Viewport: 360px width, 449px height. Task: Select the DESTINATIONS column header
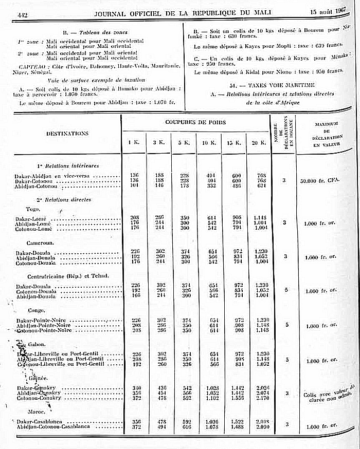(x=67, y=133)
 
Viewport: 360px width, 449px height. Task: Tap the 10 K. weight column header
(x=208, y=142)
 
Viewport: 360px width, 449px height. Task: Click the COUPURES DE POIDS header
(x=195, y=122)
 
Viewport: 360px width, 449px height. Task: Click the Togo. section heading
(x=34, y=209)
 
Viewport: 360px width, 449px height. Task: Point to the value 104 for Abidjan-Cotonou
(x=134, y=186)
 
